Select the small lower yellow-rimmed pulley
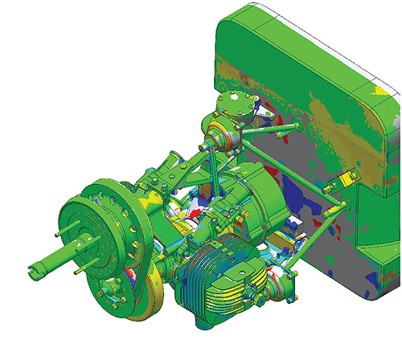coord(162,297)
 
